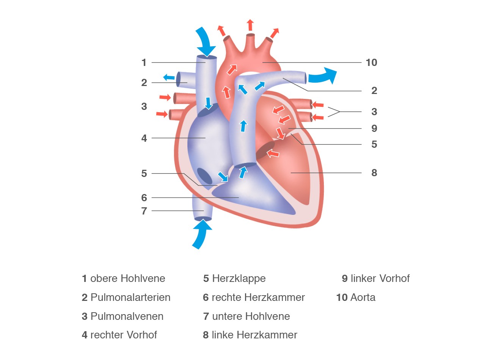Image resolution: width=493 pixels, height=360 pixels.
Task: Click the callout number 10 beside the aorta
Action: click(x=371, y=63)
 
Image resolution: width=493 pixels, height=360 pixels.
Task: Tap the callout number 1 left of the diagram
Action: click(x=144, y=63)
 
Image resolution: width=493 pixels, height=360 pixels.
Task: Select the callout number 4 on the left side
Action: click(x=144, y=138)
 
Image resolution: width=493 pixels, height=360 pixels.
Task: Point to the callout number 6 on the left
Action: click(x=144, y=198)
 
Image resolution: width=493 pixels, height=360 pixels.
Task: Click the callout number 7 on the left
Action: click(x=144, y=211)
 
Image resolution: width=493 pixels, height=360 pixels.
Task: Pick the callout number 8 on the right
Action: click(x=374, y=173)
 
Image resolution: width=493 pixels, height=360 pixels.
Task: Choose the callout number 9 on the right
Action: click(x=374, y=128)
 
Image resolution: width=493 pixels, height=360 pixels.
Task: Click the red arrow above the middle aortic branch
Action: click(x=250, y=25)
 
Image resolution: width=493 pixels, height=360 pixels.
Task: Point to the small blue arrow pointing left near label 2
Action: click(x=169, y=77)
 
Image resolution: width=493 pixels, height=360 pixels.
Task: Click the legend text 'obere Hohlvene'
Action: click(x=127, y=279)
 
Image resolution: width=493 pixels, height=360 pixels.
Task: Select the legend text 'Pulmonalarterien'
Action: click(x=130, y=297)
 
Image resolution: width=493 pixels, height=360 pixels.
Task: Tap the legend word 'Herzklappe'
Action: click(x=239, y=279)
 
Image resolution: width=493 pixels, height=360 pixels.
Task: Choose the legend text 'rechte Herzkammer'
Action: click(x=258, y=297)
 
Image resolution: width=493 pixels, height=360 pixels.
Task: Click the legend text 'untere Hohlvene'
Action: click(x=251, y=316)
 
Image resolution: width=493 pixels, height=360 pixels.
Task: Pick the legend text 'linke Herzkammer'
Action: click(x=254, y=335)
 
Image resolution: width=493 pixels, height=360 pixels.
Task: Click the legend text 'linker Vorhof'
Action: click(x=380, y=279)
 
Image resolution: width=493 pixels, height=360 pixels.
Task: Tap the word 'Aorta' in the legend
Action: click(x=363, y=297)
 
